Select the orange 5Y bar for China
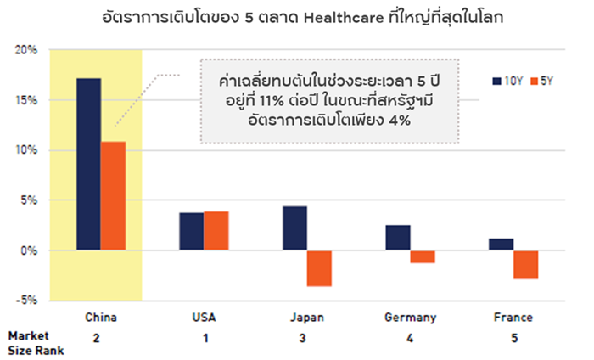(x=113, y=195)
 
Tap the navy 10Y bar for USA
(x=191, y=231)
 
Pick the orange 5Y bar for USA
(x=216, y=231)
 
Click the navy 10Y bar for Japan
(x=294, y=228)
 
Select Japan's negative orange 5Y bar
(x=319, y=268)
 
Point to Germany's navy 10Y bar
(x=398, y=238)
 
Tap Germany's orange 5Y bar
(x=423, y=256)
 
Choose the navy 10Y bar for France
(x=501, y=245)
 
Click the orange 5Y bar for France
(x=526, y=264)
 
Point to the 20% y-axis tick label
(x=26, y=50)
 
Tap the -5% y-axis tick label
(x=26, y=300)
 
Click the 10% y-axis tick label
(x=26, y=150)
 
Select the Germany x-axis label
(x=410, y=318)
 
